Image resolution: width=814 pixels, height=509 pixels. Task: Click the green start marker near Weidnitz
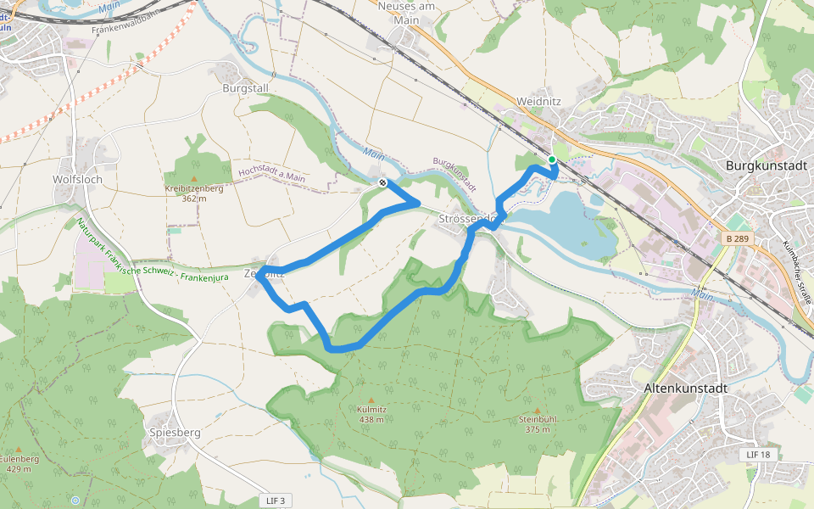pyautogui.click(x=551, y=159)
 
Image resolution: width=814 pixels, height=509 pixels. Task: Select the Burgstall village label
pyautogui.click(x=245, y=87)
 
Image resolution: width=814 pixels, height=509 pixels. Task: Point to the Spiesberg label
pyautogui.click(x=175, y=432)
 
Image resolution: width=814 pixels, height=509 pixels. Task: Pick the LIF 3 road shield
pyautogui.click(x=276, y=501)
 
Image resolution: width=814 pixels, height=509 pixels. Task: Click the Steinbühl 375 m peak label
pyautogui.click(x=538, y=424)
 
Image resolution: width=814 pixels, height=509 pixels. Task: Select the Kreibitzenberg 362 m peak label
pyautogui.click(x=194, y=193)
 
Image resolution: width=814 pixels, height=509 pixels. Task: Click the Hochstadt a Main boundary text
pyautogui.click(x=271, y=173)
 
